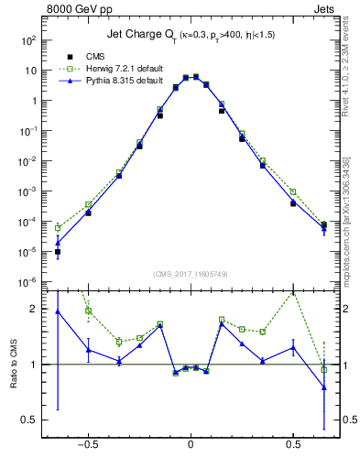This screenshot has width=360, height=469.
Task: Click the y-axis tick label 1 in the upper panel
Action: [33, 101]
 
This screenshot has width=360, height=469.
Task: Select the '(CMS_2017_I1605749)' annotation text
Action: [190, 273]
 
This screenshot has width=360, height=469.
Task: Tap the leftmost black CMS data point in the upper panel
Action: [57, 251]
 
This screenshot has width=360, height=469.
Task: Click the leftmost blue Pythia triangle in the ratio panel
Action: [57, 311]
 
